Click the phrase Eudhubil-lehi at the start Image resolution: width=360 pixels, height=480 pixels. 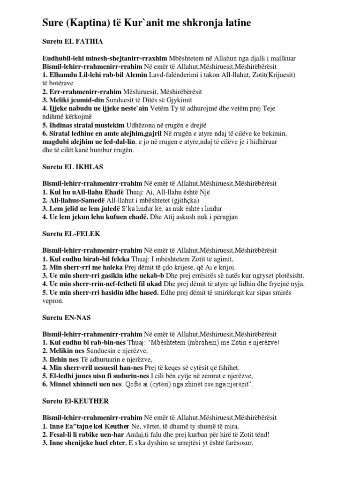tap(61, 58)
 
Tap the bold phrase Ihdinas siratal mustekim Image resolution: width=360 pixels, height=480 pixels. tap(88, 125)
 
